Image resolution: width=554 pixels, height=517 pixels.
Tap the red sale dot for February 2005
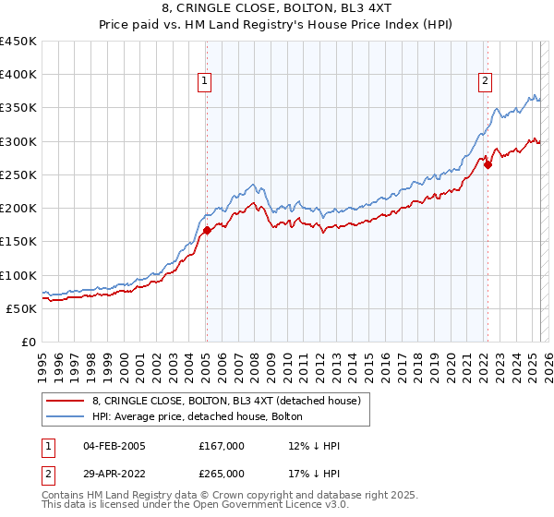(x=207, y=231)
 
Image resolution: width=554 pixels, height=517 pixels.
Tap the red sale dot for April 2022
(x=488, y=165)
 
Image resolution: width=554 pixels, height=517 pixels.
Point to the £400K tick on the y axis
(x=19, y=75)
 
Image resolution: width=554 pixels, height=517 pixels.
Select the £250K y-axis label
(x=19, y=174)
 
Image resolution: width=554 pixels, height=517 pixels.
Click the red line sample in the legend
(x=66, y=400)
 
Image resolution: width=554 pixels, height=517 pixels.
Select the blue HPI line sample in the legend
(x=66, y=416)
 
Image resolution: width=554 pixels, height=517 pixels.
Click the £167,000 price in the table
(x=222, y=446)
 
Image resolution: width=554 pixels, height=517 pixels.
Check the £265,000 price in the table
(x=222, y=473)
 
